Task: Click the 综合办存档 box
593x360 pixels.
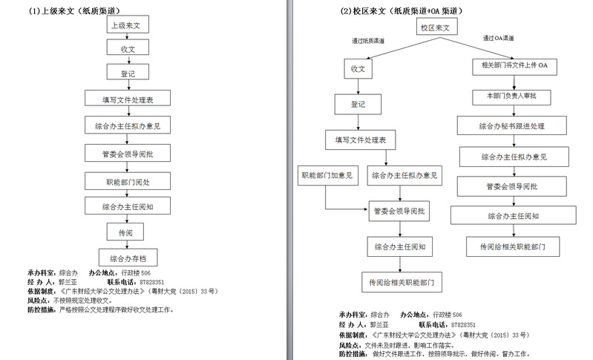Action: click(128, 258)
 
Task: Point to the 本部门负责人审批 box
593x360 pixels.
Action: click(511, 96)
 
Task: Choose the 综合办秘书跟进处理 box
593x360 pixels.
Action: click(511, 126)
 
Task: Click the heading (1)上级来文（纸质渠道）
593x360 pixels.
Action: click(74, 10)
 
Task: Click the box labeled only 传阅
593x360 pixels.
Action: click(125, 232)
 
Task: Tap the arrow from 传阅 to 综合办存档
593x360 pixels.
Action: click(127, 246)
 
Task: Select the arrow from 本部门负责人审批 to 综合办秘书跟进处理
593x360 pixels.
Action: click(511, 111)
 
